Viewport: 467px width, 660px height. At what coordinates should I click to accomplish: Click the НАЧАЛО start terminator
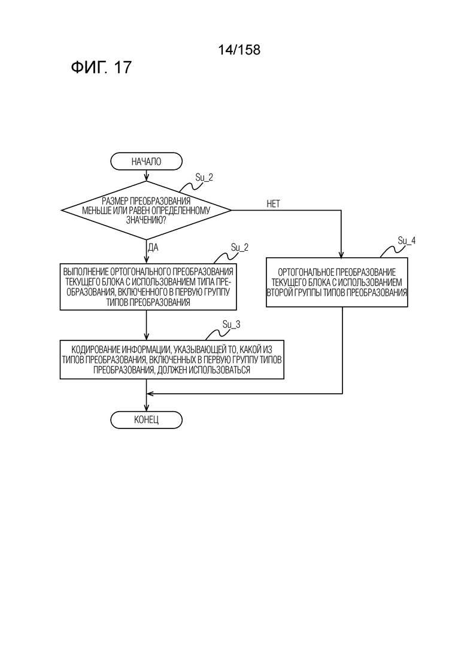(x=146, y=161)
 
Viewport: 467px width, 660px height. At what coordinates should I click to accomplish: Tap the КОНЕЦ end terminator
(x=146, y=419)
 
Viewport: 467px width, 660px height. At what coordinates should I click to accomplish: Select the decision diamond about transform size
(x=146, y=210)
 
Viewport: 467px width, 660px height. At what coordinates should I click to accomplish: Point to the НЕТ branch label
(x=273, y=204)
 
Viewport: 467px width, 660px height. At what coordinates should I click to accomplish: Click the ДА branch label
(x=153, y=248)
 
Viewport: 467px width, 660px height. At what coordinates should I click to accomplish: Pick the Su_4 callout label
(x=407, y=241)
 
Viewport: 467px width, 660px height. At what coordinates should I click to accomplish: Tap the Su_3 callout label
(x=231, y=324)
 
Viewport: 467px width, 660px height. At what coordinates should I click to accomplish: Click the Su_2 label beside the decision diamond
(x=204, y=177)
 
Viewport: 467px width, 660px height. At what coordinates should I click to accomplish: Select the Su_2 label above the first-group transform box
(x=239, y=247)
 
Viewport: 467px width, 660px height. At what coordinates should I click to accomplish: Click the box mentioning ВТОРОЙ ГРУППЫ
(x=337, y=282)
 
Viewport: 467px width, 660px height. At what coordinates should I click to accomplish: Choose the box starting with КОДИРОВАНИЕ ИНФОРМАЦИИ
(x=172, y=360)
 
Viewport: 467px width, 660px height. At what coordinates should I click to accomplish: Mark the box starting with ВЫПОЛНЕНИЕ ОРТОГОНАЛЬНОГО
(x=148, y=287)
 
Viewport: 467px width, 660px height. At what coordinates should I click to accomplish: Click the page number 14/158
(x=239, y=50)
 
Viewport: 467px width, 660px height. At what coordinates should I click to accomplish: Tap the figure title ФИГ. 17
(x=101, y=68)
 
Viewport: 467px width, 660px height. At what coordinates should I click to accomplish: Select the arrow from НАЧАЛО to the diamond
(x=146, y=175)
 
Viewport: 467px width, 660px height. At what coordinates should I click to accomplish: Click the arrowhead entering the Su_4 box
(x=342, y=254)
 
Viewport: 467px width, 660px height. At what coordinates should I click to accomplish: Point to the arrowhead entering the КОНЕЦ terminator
(x=146, y=408)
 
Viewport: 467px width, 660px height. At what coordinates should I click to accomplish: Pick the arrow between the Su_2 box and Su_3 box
(x=146, y=325)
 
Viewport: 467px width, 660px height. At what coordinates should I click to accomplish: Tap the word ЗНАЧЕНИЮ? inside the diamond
(x=145, y=219)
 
